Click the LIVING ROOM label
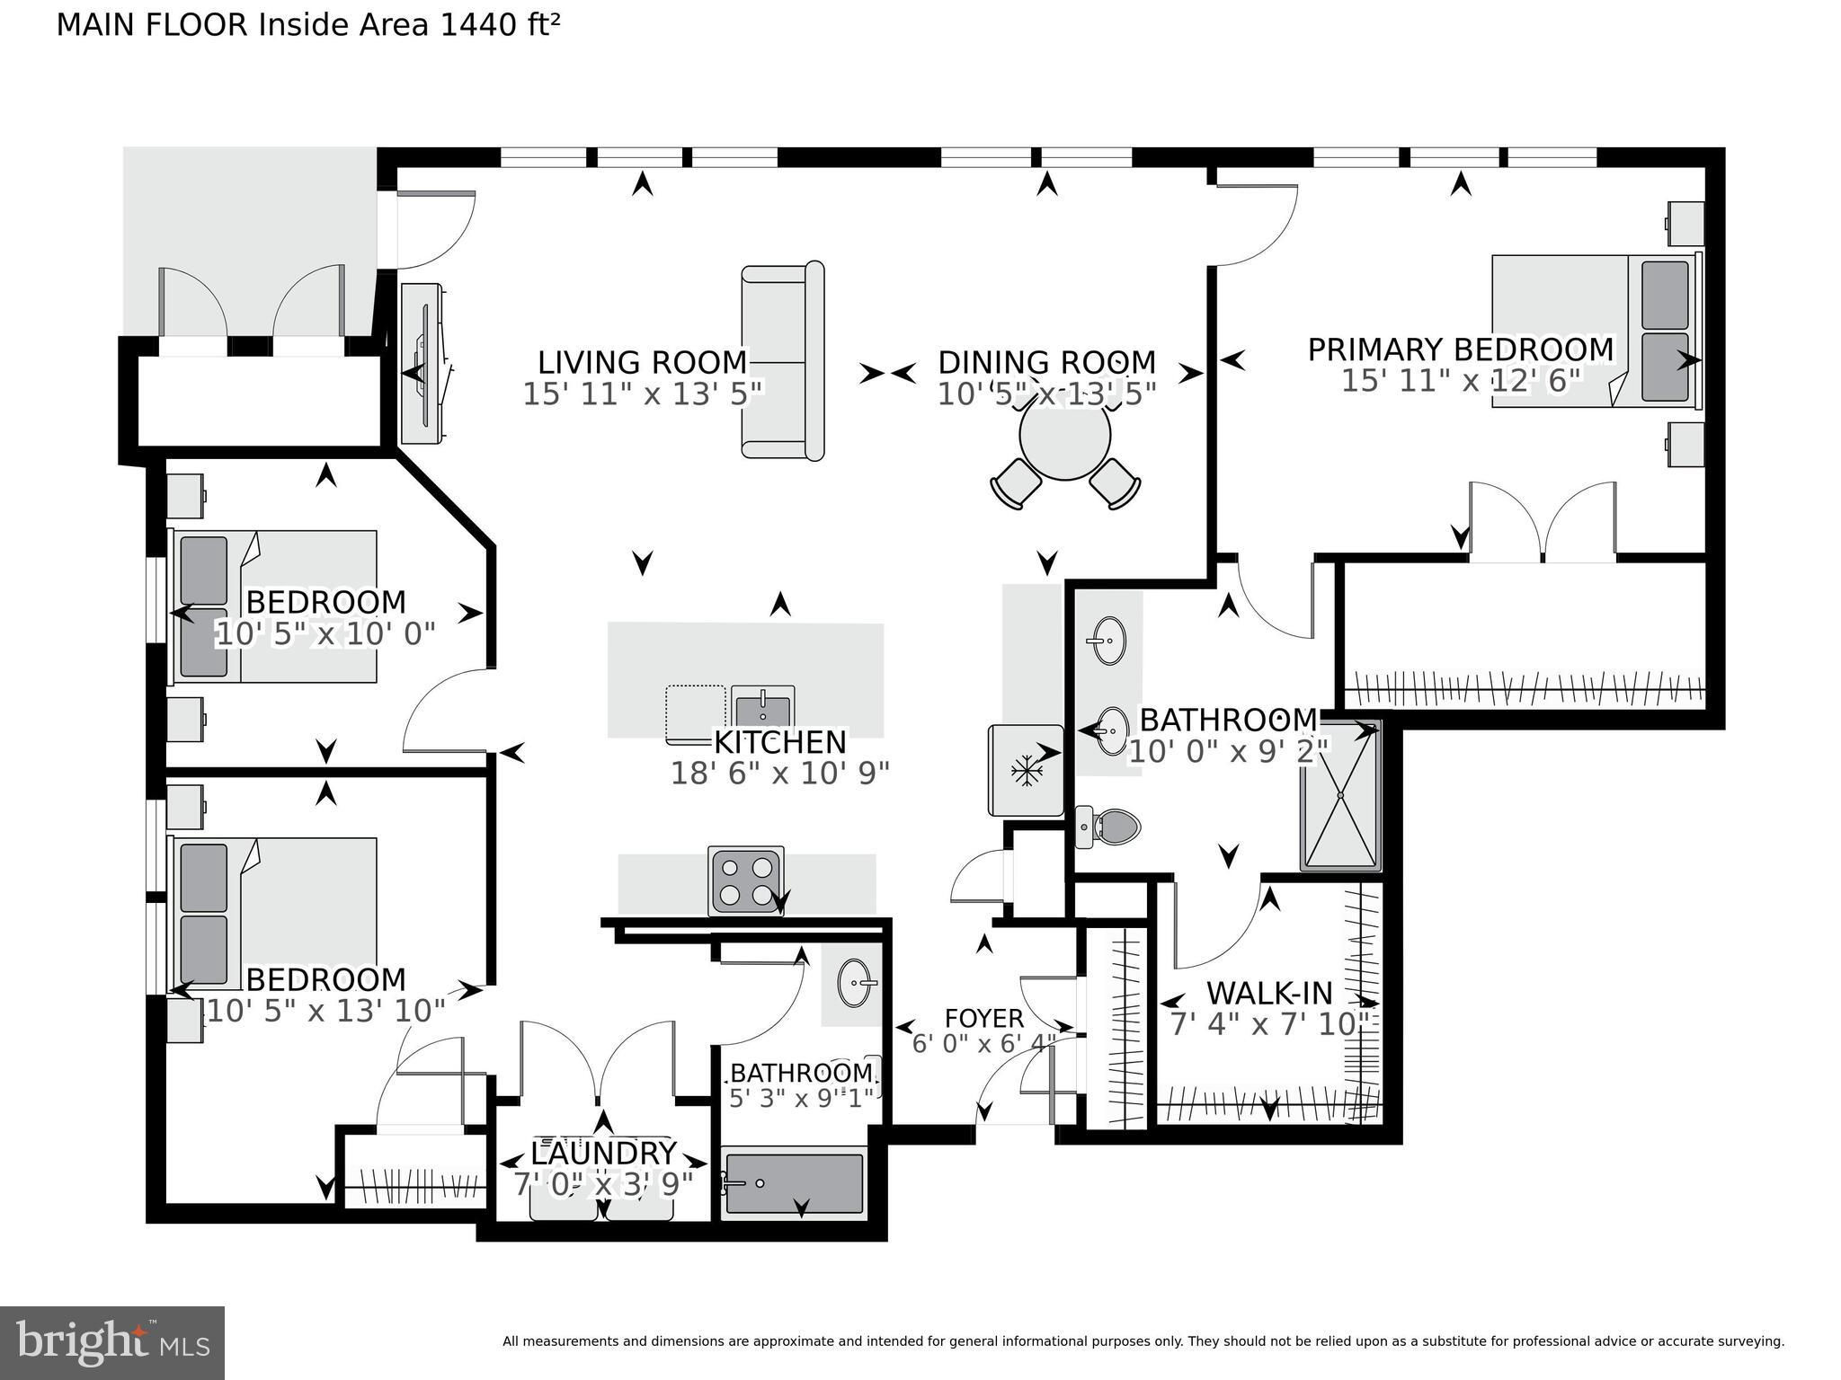click(643, 362)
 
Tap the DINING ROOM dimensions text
click(1046, 394)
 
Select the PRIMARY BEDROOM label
click(1461, 349)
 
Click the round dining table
click(1065, 436)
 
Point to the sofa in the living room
click(783, 361)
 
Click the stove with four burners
click(745, 881)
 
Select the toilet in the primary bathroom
click(1107, 826)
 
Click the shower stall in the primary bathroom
click(1340, 795)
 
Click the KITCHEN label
click(780, 742)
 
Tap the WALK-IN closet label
click(1269, 993)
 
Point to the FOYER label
click(984, 1018)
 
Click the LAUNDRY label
click(603, 1152)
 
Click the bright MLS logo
click(112, 1343)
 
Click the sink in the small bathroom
click(855, 983)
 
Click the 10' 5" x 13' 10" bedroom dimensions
click(326, 1011)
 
